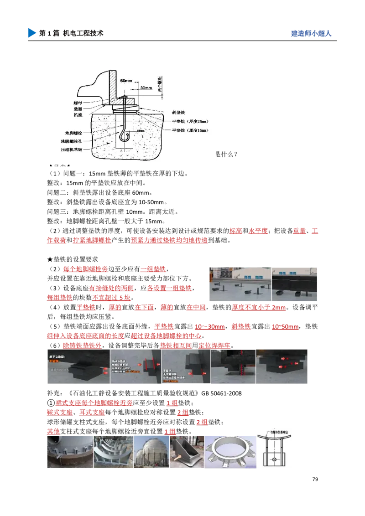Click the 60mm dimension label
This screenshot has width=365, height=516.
[126, 80]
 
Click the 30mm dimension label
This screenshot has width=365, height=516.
[146, 88]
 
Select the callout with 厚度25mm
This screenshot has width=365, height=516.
[190, 121]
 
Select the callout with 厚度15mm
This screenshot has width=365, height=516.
[190, 130]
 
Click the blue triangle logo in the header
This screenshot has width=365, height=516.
[31, 33]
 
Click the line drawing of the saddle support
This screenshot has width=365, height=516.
[274, 449]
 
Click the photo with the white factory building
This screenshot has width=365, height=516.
[240, 284]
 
